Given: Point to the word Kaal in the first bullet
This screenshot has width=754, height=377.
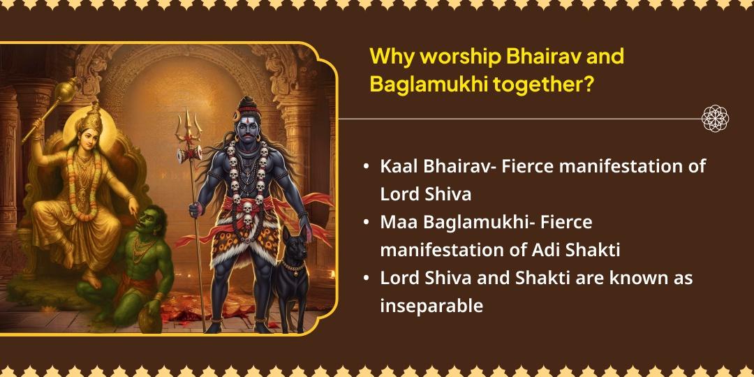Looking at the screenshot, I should (399, 167).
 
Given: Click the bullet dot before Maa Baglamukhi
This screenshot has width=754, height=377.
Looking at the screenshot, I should (367, 223).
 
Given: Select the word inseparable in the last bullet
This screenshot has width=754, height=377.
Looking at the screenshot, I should (431, 305).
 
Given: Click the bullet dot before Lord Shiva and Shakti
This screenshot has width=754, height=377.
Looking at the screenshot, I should (367, 279).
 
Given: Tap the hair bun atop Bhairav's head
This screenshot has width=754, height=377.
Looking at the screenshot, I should (246, 104).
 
